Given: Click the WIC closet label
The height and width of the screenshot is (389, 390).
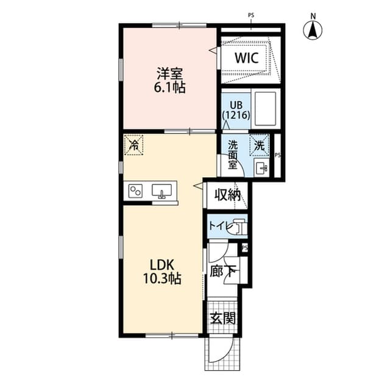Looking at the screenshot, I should pos(247,58).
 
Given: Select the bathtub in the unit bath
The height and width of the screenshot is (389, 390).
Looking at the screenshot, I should pos(264,108).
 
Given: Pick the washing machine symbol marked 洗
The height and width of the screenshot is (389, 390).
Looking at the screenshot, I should pos(260,145).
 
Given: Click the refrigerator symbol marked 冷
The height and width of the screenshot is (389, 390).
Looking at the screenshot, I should pos(133,145).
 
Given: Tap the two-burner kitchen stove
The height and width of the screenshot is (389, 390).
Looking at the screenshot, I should pos(135,192).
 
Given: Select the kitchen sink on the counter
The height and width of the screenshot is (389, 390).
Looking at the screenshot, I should pos(162,191).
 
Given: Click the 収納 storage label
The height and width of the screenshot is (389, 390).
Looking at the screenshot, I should pos(227,195).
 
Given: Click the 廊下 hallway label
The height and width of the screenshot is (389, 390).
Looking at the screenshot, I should pos(219,271).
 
